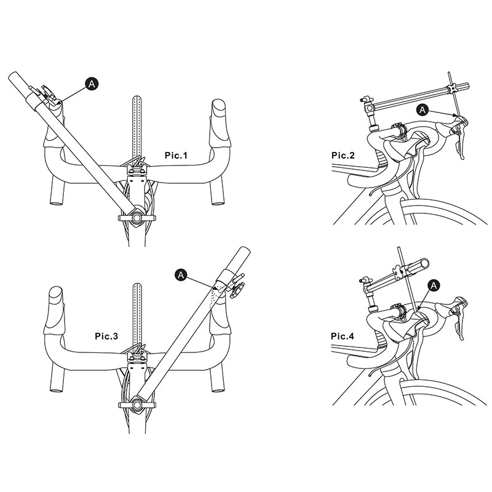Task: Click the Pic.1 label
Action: click(176, 156)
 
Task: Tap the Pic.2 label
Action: click(343, 156)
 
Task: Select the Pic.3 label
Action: click(106, 336)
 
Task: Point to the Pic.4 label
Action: click(343, 336)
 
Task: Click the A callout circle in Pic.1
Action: click(92, 84)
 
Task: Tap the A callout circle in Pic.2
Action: click(423, 110)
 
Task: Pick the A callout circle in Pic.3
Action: click(180, 275)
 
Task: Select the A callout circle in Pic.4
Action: click(434, 285)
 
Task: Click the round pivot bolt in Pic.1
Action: click(137, 218)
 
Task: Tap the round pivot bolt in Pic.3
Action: click(137, 405)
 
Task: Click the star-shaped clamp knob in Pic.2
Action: click(452, 89)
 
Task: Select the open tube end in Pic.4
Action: click(425, 263)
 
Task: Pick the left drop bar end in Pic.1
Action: click(57, 203)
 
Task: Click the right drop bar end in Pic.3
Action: click(217, 390)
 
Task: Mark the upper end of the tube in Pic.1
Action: click(15, 76)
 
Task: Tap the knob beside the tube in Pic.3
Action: click(236, 290)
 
